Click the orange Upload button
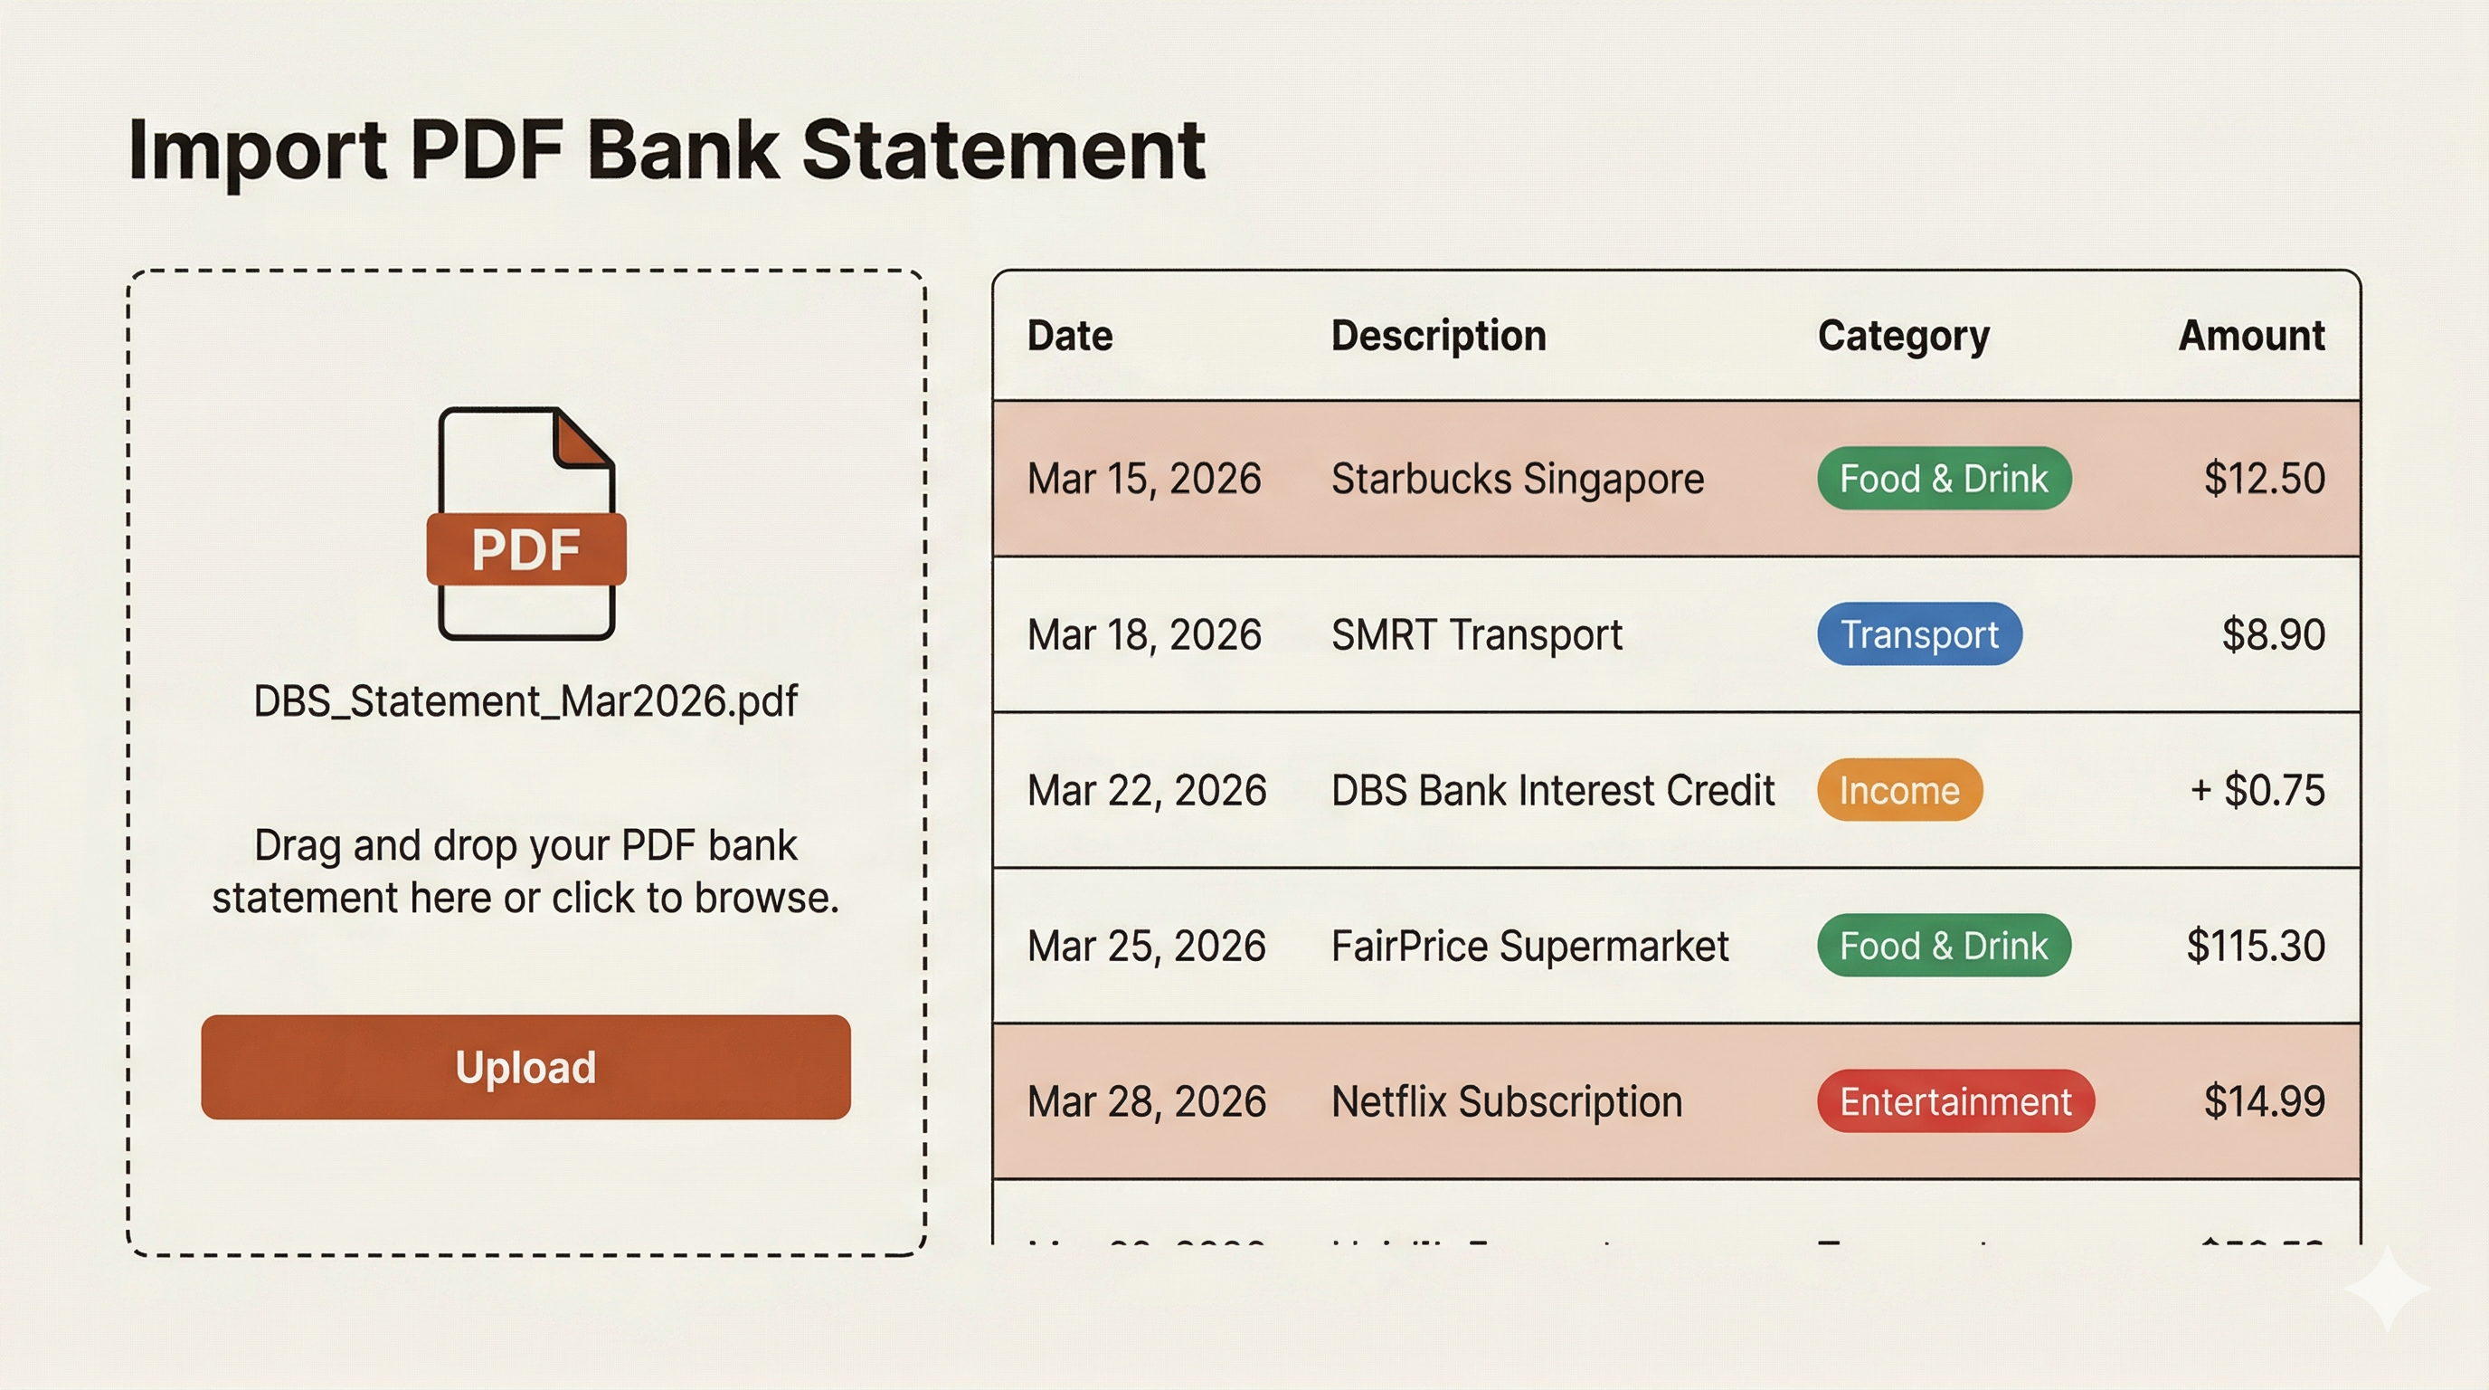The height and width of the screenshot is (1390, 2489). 525,1066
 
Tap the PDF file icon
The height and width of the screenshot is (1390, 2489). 525,524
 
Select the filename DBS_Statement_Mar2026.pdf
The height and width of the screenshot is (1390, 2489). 525,700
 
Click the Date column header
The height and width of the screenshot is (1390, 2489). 1070,336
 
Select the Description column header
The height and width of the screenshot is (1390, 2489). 1438,336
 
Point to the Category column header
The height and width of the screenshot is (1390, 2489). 1903,336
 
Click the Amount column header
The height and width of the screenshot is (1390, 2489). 2250,336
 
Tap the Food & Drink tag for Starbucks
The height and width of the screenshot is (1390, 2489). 1943,479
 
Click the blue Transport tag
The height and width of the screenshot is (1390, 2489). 1919,634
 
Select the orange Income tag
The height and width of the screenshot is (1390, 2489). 1898,791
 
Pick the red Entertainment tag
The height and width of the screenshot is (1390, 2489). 1954,1101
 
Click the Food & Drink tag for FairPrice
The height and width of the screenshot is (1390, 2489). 1943,946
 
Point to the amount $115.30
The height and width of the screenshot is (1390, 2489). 2255,946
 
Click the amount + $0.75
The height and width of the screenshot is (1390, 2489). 2257,791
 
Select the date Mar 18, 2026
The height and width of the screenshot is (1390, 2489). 1144,634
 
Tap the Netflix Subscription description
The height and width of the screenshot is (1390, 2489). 1507,1101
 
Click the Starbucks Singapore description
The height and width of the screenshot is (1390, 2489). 1517,479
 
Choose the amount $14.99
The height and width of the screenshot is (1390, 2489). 2264,1101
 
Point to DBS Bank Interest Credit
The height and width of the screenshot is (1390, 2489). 1552,791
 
